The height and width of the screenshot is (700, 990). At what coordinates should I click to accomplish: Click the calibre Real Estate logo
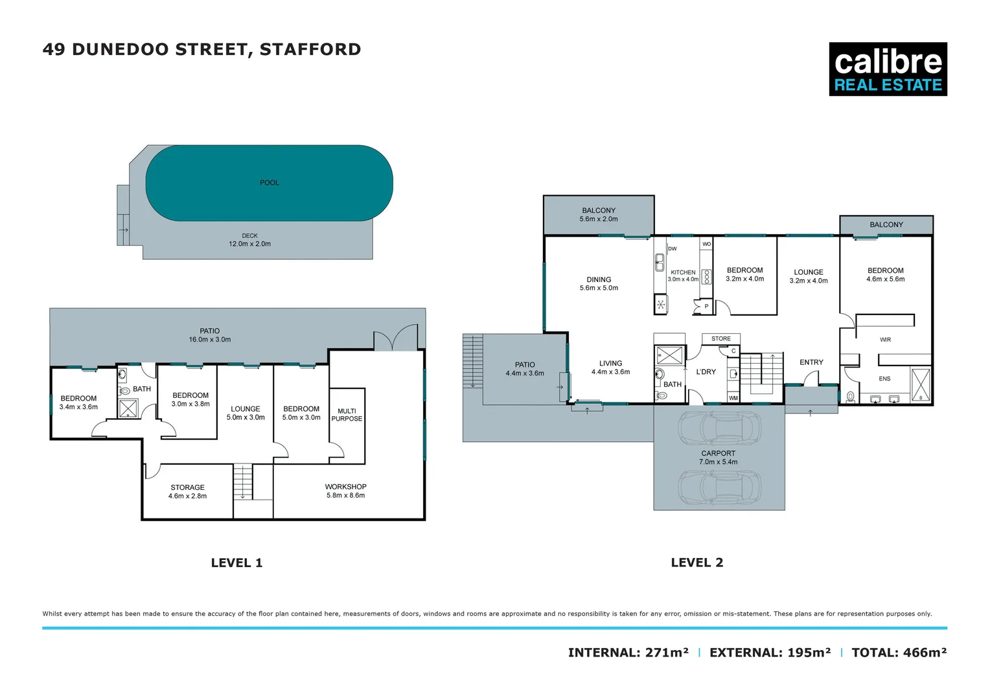point(888,69)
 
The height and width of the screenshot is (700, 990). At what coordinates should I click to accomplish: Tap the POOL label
point(270,183)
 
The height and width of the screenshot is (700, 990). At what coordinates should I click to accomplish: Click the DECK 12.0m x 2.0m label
point(249,240)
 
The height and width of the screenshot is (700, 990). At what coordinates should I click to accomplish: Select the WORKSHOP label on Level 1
point(346,491)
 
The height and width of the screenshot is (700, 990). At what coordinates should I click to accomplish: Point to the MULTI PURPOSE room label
point(347,415)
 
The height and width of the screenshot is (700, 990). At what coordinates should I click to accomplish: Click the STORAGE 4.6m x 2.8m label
point(187,491)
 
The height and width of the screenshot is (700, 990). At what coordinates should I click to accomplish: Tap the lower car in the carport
point(719,486)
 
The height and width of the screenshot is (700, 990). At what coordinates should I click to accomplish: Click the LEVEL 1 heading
point(236,563)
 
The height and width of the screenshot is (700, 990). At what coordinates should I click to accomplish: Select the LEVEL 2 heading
point(697,563)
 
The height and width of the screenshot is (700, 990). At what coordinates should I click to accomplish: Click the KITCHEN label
point(683,273)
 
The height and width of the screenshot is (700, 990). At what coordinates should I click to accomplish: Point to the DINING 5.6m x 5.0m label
point(599,284)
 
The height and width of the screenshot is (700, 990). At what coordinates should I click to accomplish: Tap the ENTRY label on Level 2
point(811,362)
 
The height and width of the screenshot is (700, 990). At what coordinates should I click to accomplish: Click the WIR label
point(885,340)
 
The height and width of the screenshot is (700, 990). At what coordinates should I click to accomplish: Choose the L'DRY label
point(706,372)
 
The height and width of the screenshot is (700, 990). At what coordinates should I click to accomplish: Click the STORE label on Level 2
point(720,339)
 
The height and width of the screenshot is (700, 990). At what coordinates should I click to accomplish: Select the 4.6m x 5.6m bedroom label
point(885,275)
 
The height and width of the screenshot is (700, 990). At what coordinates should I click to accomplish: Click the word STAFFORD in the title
point(310,49)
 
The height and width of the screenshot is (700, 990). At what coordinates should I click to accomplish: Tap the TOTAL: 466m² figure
point(899,653)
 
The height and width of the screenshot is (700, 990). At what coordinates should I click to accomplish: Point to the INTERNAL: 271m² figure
point(628,653)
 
